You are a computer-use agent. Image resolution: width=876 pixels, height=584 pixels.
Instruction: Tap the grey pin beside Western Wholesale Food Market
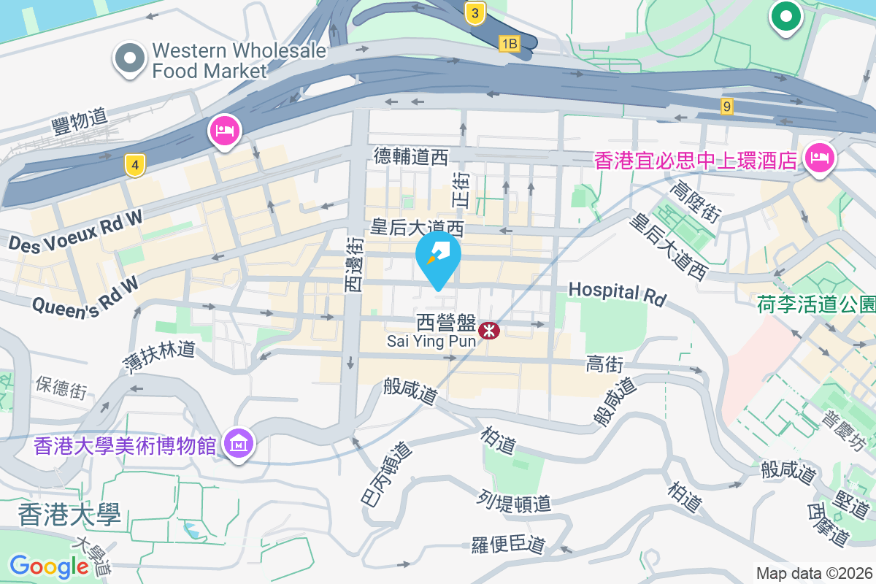pyautogui.click(x=130, y=58)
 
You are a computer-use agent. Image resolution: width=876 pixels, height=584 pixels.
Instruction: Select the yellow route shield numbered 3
pyautogui.click(x=475, y=12)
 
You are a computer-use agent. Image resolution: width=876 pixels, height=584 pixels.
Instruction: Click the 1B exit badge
pyautogui.click(x=509, y=44)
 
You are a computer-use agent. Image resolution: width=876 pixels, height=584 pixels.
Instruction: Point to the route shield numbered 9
pyautogui.click(x=726, y=107)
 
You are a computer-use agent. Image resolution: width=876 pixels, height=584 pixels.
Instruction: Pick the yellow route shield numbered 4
pyautogui.click(x=134, y=164)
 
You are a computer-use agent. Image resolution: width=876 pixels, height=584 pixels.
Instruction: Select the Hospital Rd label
pyautogui.click(x=618, y=293)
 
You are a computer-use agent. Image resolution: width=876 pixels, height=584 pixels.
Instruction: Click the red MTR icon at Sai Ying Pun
pyautogui.click(x=489, y=331)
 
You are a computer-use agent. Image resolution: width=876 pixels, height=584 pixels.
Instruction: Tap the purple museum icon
pyautogui.click(x=239, y=442)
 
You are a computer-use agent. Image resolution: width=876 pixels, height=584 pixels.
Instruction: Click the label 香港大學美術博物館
pyautogui.click(x=125, y=445)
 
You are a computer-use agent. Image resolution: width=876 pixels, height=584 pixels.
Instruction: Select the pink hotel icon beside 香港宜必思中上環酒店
pyautogui.click(x=819, y=157)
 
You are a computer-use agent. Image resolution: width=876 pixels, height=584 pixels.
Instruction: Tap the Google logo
pyautogui.click(x=49, y=566)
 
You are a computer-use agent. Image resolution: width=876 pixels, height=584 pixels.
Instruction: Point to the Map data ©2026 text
pyautogui.click(x=814, y=574)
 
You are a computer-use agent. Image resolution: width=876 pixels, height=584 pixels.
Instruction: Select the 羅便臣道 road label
pyautogui.click(x=509, y=544)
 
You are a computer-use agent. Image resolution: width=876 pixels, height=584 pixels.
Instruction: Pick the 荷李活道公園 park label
pyautogui.click(x=817, y=304)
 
